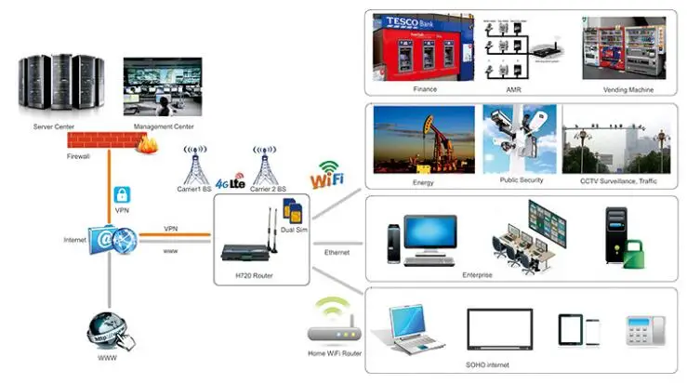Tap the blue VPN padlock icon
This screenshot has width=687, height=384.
point(120,196)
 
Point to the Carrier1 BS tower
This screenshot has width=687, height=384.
point(195,165)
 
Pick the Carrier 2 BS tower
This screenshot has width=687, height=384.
point(263,165)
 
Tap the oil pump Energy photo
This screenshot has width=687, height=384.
point(421,139)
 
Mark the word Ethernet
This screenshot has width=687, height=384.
point(337,253)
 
